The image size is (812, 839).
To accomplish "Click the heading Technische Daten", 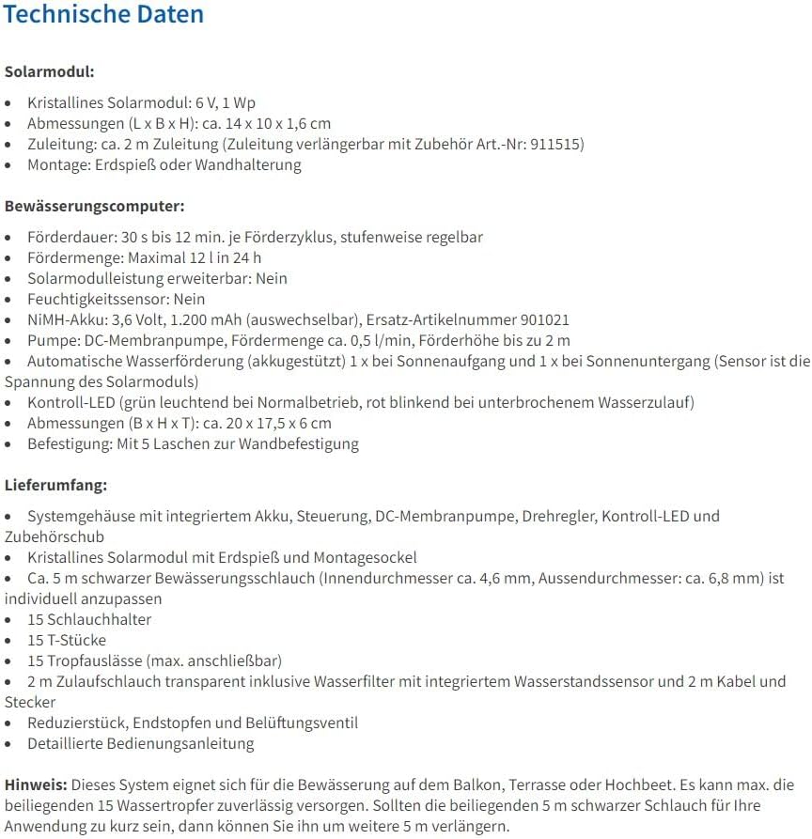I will [x=103, y=15].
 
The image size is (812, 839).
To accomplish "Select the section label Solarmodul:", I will [x=49, y=71].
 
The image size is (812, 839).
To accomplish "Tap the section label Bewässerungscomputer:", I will [x=94, y=206].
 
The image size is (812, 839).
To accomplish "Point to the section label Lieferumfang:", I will [x=55, y=485].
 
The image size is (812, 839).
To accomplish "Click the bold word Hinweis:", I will [x=36, y=785].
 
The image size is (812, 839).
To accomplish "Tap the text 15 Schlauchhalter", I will [x=89, y=620].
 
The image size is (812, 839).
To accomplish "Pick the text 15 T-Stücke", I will [x=67, y=641].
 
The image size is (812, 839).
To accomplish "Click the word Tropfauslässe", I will [x=97, y=661].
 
